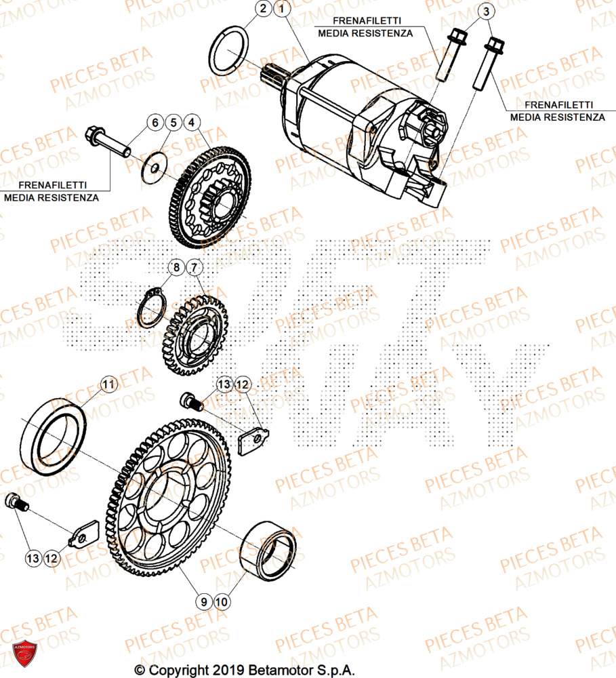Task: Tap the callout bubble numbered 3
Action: [485, 12]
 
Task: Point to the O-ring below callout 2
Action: [228, 52]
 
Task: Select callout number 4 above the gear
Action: [192, 123]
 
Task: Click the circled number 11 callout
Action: [108, 385]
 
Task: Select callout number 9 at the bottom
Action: [202, 601]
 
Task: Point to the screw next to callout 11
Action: [192, 403]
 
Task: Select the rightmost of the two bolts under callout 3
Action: [493, 64]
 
